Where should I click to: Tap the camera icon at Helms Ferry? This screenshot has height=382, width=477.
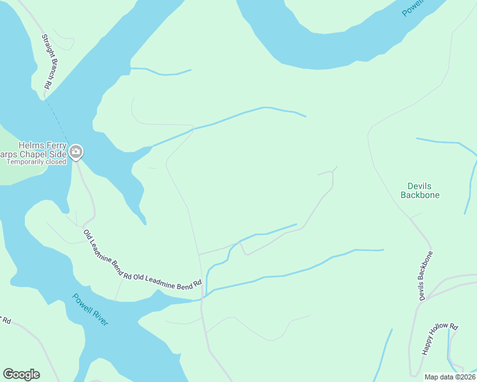pyautogui.click(x=77, y=152)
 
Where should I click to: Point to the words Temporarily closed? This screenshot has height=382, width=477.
pyautogui.click(x=36, y=162)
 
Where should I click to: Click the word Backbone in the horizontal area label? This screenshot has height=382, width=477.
pyautogui.click(x=420, y=195)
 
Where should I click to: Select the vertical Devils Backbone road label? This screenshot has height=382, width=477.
pyautogui.click(x=425, y=276)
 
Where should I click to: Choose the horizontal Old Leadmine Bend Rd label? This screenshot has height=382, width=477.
pyautogui.click(x=168, y=279)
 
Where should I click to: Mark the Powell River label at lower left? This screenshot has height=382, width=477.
pyautogui.click(x=90, y=309)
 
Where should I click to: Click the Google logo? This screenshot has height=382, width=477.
pyautogui.click(x=21, y=374)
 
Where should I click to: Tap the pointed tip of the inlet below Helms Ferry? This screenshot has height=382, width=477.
pyautogui.click(x=145, y=223)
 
